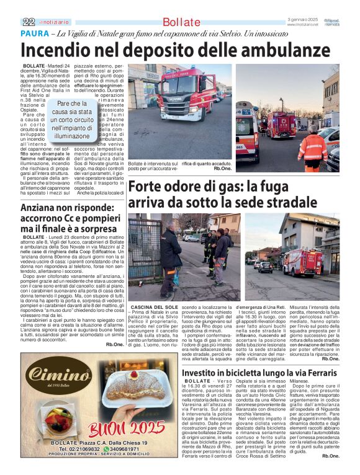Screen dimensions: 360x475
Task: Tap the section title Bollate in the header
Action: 181,22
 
